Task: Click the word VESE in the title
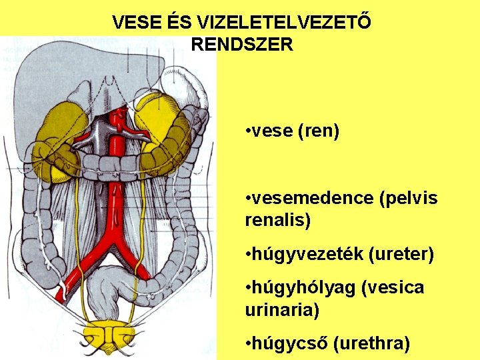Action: [133, 23]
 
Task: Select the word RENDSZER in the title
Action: [241, 45]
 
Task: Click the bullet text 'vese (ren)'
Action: [293, 131]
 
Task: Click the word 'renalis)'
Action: [277, 220]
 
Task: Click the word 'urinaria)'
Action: [282, 310]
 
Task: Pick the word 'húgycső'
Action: [289, 343]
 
